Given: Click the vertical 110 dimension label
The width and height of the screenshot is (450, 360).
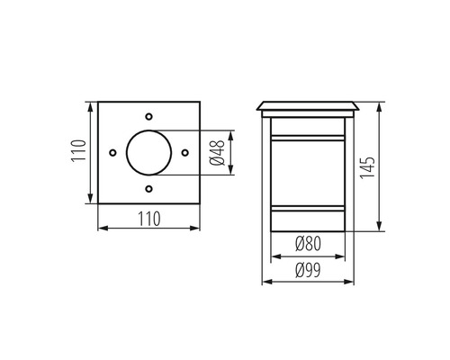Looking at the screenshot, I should [x=78, y=152].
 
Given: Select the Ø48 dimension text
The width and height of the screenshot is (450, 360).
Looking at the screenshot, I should [x=216, y=153].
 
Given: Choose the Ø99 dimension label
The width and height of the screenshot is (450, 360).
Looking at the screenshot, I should [x=309, y=268].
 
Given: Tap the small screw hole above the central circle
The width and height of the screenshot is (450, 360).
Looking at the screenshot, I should [x=148, y=117].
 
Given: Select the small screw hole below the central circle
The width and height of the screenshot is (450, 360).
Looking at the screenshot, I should [x=148, y=189].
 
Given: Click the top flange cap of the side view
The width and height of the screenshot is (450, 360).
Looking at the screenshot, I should [x=309, y=106].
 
